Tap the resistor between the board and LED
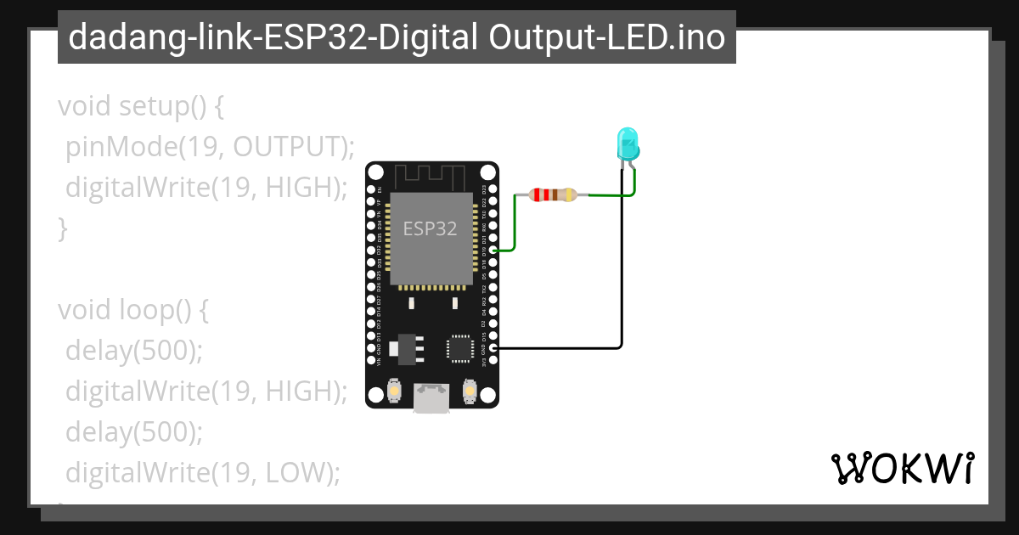point(553,194)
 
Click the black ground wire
point(622,280)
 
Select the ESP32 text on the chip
point(430,228)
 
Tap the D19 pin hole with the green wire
point(493,251)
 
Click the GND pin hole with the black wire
point(493,347)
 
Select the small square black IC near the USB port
point(459,348)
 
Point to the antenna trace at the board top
point(431,176)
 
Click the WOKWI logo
point(902,468)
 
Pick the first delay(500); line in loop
point(134,351)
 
